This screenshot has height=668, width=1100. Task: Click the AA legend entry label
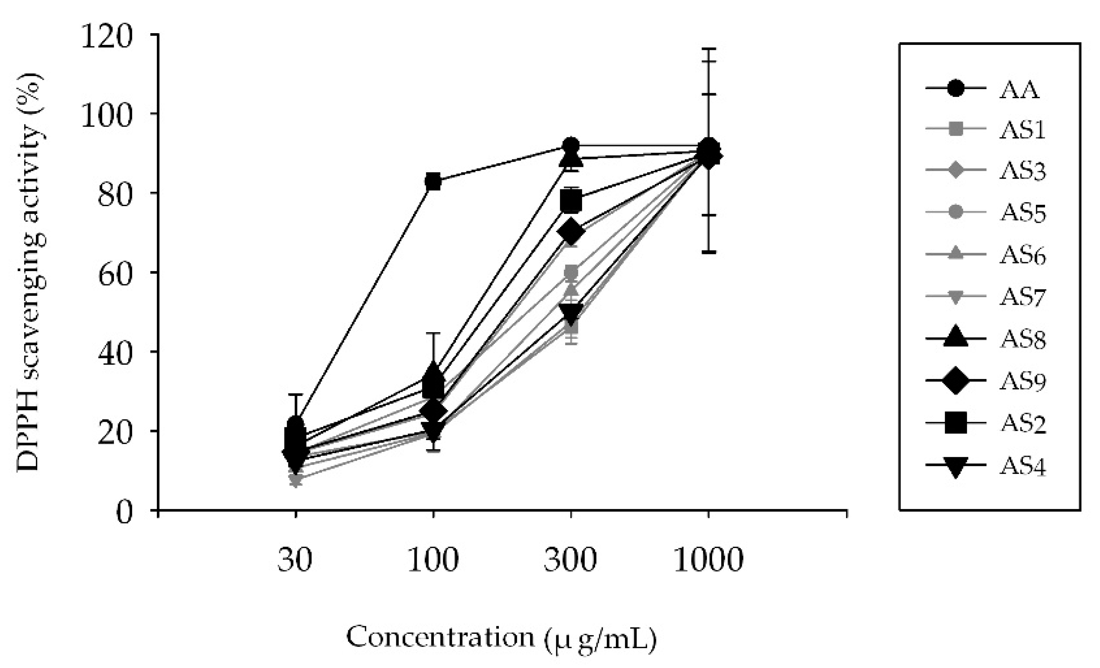point(1019,90)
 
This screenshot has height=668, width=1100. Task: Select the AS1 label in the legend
point(1022,131)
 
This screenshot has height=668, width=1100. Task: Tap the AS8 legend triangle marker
point(956,339)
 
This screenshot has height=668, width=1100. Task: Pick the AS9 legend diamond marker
point(956,380)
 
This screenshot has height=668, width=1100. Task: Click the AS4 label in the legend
point(1022,466)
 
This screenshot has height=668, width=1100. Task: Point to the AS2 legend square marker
point(956,423)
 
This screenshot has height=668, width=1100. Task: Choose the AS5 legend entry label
point(1022,213)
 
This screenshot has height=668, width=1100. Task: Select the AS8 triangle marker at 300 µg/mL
point(571,157)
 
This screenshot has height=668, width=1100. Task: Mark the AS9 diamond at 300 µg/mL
point(571,231)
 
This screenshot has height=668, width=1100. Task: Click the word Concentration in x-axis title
point(440,637)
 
